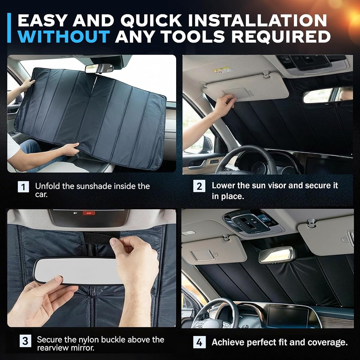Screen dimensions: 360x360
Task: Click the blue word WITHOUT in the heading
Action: (64, 36)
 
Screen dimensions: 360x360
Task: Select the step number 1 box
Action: (24, 187)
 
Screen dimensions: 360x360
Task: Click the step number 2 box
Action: (199, 186)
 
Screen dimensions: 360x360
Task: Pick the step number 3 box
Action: (25, 341)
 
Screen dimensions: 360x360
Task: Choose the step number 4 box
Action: (199, 342)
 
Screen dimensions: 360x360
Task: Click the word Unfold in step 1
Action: (47, 186)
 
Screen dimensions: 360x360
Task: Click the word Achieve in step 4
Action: (228, 342)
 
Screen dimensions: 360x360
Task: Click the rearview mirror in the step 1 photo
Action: (99, 68)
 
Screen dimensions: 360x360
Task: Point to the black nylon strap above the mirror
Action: (101, 237)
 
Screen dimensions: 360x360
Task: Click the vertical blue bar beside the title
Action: (9, 28)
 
